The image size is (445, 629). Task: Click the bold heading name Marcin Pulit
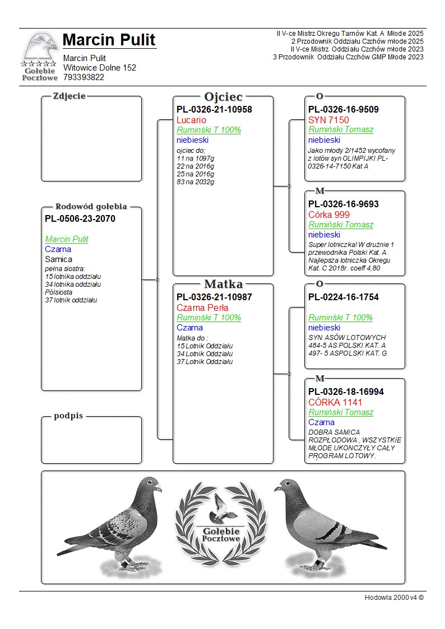pyautogui.click(x=109, y=40)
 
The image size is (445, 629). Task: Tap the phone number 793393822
pyautogui.click(x=84, y=77)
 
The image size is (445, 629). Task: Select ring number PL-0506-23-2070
pyautogui.click(x=80, y=218)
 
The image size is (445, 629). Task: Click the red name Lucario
pyautogui.click(x=191, y=120)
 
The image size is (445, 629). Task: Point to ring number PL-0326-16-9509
pyautogui.click(x=344, y=109)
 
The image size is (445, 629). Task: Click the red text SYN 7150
pyautogui.click(x=328, y=120)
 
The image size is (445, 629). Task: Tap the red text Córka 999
pyautogui.click(x=329, y=215)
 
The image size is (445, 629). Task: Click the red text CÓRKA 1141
pyautogui.click(x=335, y=402)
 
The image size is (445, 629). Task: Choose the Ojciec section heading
pyautogui.click(x=223, y=97)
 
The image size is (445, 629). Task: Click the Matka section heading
pyautogui.click(x=223, y=284)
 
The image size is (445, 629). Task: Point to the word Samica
pyautogui.click(x=59, y=259)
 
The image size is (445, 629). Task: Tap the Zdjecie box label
pyautogui.click(x=69, y=96)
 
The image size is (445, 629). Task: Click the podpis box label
pyautogui.click(x=68, y=416)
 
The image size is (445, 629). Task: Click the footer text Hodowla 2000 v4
pyautogui.click(x=394, y=597)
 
